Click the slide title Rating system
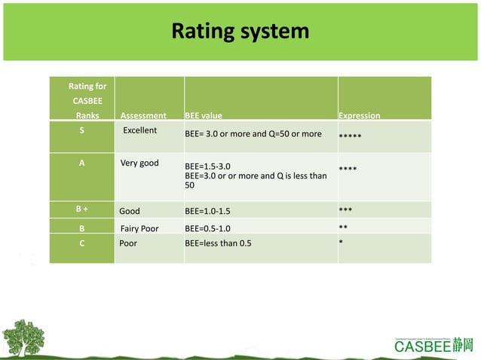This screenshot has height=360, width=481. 240,32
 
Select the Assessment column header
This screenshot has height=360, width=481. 143,116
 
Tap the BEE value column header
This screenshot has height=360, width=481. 204,116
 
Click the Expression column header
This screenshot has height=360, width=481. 360,116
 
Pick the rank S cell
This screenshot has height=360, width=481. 81,131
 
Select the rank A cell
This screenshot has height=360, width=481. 81,163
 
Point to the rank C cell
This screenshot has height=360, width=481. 81,243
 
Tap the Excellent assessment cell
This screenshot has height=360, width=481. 139,130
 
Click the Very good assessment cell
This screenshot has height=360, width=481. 139,163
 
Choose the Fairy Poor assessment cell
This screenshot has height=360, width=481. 139,227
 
